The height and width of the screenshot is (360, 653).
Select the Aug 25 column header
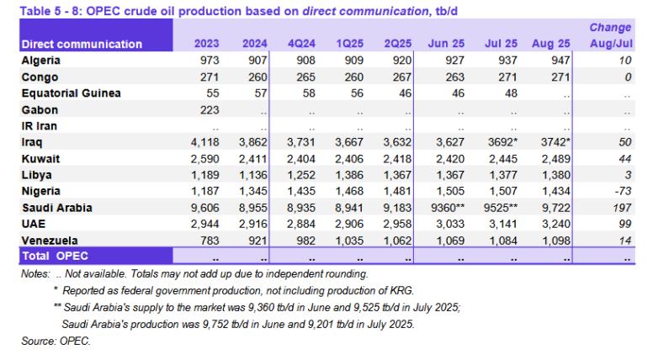coord(549,44)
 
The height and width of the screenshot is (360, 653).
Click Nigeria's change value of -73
coord(622,191)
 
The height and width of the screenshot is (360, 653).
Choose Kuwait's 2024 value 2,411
coord(253,158)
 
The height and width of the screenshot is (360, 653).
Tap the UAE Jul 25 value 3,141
coord(499,223)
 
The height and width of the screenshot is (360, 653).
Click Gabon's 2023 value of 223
coord(209,109)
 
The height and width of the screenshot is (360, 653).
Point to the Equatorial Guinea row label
coord(71,93)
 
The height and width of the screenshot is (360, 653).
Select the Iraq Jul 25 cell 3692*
coord(499,142)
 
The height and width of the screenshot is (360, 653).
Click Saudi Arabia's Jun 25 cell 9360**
coord(448,207)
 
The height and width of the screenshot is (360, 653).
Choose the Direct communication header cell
coord(82,44)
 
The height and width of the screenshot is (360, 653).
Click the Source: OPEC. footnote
coord(56,341)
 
